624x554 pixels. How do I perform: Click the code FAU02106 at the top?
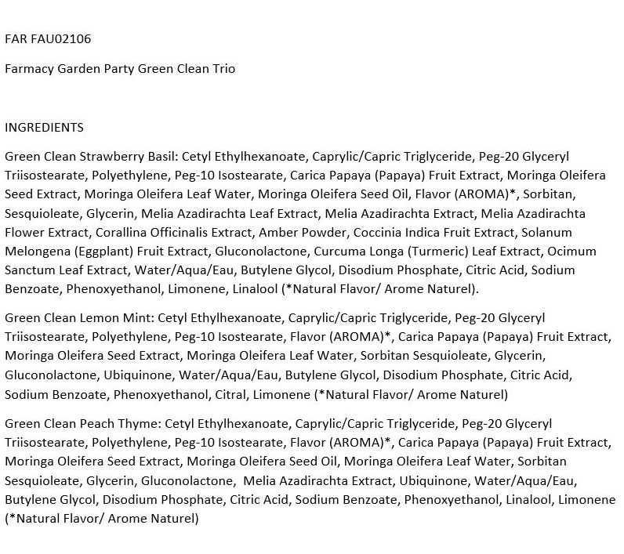tap(66, 38)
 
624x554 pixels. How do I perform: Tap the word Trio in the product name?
tap(222, 68)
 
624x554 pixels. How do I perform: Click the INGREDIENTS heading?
tap(44, 127)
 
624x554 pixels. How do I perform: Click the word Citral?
tap(227, 394)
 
